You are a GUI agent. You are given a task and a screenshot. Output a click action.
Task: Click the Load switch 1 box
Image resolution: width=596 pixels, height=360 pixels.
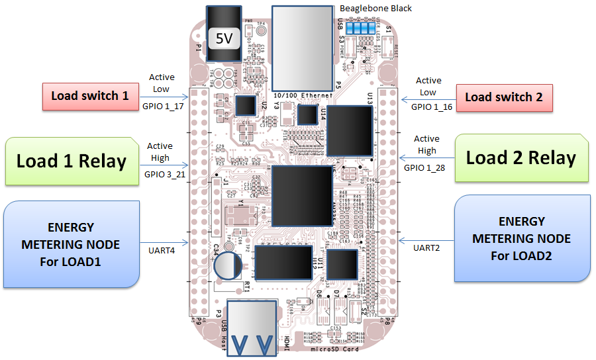(90, 97)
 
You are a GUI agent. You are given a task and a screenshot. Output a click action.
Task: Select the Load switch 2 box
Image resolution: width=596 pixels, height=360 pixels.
(504, 97)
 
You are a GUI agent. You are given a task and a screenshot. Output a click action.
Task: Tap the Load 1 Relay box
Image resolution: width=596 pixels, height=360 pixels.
(72, 161)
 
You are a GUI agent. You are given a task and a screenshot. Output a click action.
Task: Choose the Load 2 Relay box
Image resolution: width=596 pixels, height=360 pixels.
(521, 158)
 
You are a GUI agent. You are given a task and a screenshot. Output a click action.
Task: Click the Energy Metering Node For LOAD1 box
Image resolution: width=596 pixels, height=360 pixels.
(71, 244)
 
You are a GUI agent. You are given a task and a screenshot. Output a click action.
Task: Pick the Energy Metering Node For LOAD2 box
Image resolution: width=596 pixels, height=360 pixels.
(522, 238)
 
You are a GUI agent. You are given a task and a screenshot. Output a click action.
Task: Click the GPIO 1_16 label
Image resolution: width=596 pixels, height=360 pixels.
(432, 106)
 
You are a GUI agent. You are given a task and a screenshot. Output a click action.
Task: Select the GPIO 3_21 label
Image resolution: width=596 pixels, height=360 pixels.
(161, 176)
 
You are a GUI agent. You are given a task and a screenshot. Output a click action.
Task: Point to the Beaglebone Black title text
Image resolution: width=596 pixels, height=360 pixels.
(375, 9)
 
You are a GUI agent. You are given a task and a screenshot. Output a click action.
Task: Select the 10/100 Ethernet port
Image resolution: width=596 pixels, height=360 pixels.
(303, 50)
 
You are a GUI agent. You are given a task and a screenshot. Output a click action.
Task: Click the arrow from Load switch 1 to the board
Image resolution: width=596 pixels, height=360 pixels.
(164, 97)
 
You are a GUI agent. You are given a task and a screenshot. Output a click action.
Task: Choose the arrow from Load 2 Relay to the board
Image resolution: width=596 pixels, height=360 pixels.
(426, 157)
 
